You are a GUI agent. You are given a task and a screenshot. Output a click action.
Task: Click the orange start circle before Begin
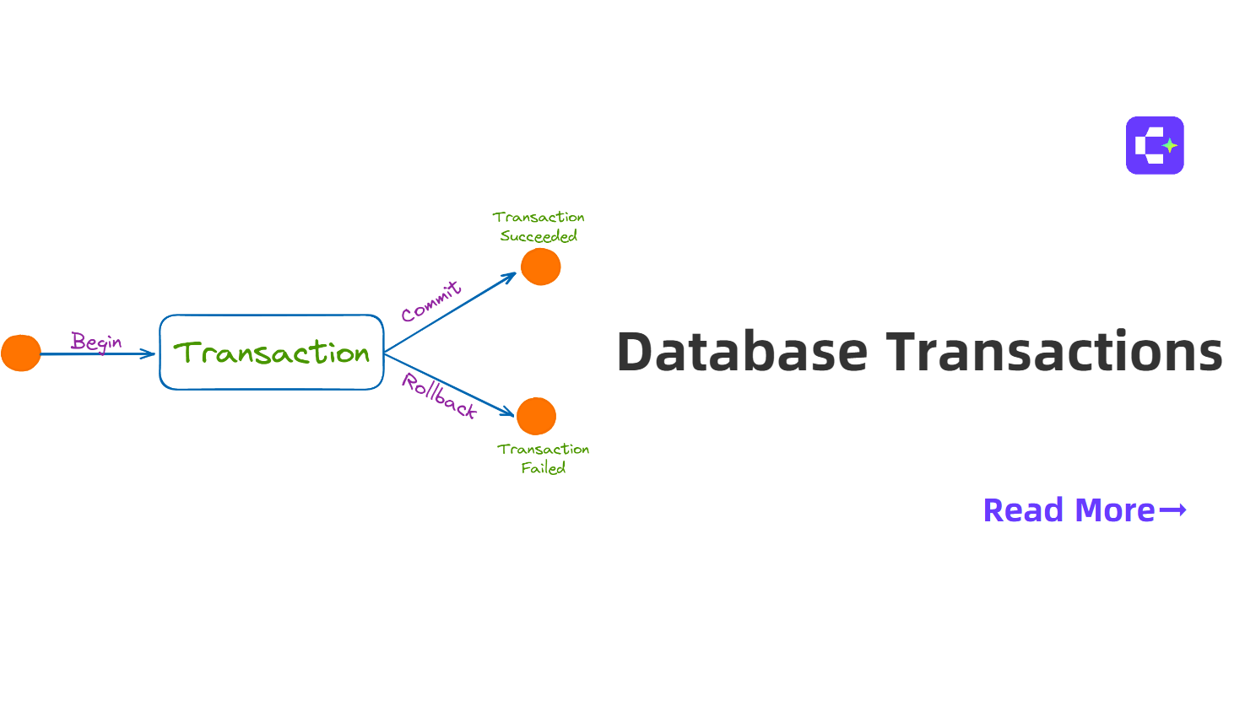pyautogui.click(x=21, y=353)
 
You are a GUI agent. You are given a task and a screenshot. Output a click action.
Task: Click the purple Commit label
pyautogui.click(x=431, y=302)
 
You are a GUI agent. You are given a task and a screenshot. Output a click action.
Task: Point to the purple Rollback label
pyautogui.click(x=439, y=396)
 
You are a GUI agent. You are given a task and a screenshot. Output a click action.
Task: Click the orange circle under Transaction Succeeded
pyautogui.click(x=541, y=267)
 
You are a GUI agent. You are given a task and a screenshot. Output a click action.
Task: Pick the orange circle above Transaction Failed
pyautogui.click(x=536, y=416)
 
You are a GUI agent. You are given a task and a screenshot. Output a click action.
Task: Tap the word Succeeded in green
pyautogui.click(x=539, y=236)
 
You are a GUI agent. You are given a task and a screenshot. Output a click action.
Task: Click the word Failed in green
pyautogui.click(x=544, y=467)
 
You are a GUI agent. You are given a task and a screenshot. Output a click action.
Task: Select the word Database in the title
pyautogui.click(x=742, y=352)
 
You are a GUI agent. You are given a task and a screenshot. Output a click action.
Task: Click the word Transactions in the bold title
pyautogui.click(x=1053, y=351)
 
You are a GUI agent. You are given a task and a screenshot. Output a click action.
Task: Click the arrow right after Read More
pyautogui.click(x=1172, y=510)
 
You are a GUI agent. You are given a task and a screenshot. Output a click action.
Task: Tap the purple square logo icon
pyautogui.click(x=1155, y=146)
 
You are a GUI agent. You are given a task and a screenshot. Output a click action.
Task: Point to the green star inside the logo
pyautogui.click(x=1170, y=146)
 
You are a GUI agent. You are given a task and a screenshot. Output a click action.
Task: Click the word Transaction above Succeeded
pyautogui.click(x=539, y=217)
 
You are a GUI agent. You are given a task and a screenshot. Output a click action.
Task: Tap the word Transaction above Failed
pyautogui.click(x=543, y=449)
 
